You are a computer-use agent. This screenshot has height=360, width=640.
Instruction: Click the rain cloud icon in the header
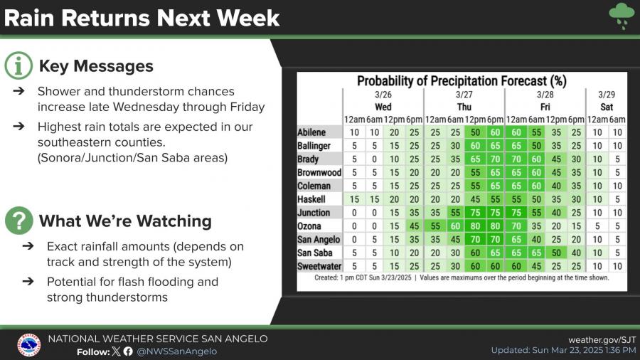point(622,16)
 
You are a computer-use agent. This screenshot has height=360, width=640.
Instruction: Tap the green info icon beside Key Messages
point(18,66)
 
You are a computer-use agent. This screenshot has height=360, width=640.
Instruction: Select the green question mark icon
point(18,221)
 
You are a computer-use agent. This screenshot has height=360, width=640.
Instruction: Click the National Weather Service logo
point(28,345)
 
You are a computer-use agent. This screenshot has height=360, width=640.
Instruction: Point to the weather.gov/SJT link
point(602,339)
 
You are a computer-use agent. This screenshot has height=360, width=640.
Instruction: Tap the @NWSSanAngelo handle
point(176,351)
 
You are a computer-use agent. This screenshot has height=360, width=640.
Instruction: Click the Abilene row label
point(312,132)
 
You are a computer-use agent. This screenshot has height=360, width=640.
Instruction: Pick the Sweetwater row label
point(317,266)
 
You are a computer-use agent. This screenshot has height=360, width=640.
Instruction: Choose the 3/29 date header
point(606,95)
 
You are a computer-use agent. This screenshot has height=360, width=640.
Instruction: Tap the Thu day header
point(464,106)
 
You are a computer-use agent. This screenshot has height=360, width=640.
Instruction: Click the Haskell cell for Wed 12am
point(353,199)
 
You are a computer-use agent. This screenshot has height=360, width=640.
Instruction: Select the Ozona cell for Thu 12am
point(434,226)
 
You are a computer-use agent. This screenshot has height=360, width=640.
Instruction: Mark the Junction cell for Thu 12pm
point(474,213)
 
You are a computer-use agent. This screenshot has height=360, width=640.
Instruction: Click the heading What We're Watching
point(125,221)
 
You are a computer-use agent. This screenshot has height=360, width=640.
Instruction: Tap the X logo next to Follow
point(116,351)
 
